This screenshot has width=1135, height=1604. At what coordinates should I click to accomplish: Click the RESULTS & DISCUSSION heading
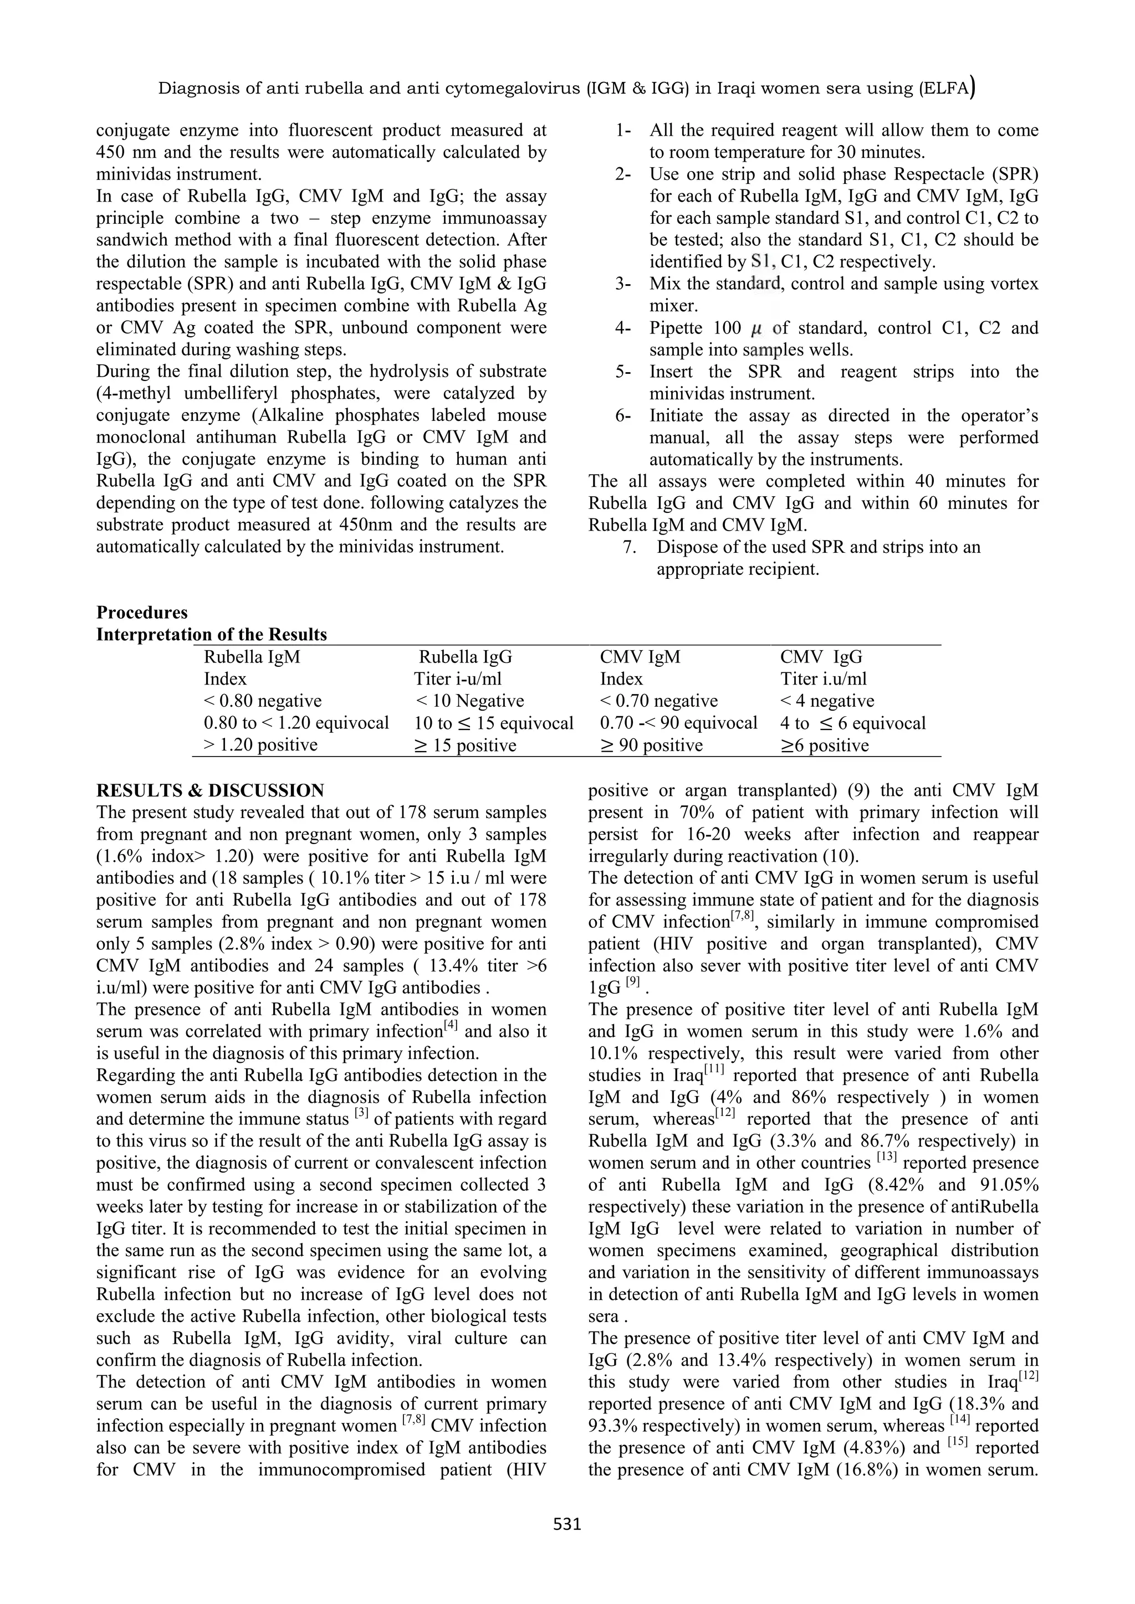[209, 790]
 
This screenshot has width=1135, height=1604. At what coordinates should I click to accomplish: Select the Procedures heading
[142, 612]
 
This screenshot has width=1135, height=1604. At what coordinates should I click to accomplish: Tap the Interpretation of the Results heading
[211, 634]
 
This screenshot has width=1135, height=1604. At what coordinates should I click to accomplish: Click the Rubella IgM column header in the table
[252, 657]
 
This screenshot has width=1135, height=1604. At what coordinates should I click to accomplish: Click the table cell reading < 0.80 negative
[263, 701]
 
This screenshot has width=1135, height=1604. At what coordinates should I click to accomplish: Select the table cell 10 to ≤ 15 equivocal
[493, 723]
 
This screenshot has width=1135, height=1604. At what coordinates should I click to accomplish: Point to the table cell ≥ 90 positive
[651, 746]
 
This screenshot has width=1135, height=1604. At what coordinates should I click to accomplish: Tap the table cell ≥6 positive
[825, 746]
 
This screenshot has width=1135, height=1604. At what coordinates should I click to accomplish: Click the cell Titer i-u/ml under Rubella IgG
[458, 678]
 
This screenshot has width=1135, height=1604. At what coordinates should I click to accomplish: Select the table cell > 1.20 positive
[260, 745]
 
